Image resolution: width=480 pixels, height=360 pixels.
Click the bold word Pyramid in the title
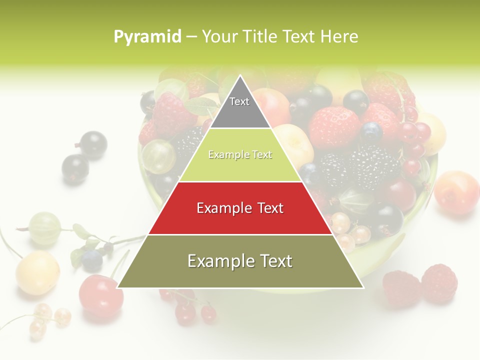[147, 36]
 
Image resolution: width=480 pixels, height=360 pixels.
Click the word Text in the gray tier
[239, 101]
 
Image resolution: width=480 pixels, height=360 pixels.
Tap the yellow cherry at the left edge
[37, 273]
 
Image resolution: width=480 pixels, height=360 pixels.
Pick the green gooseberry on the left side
[45, 228]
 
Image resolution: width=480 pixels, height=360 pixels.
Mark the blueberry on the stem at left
[92, 260]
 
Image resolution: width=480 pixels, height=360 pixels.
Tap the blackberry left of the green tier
[187, 142]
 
